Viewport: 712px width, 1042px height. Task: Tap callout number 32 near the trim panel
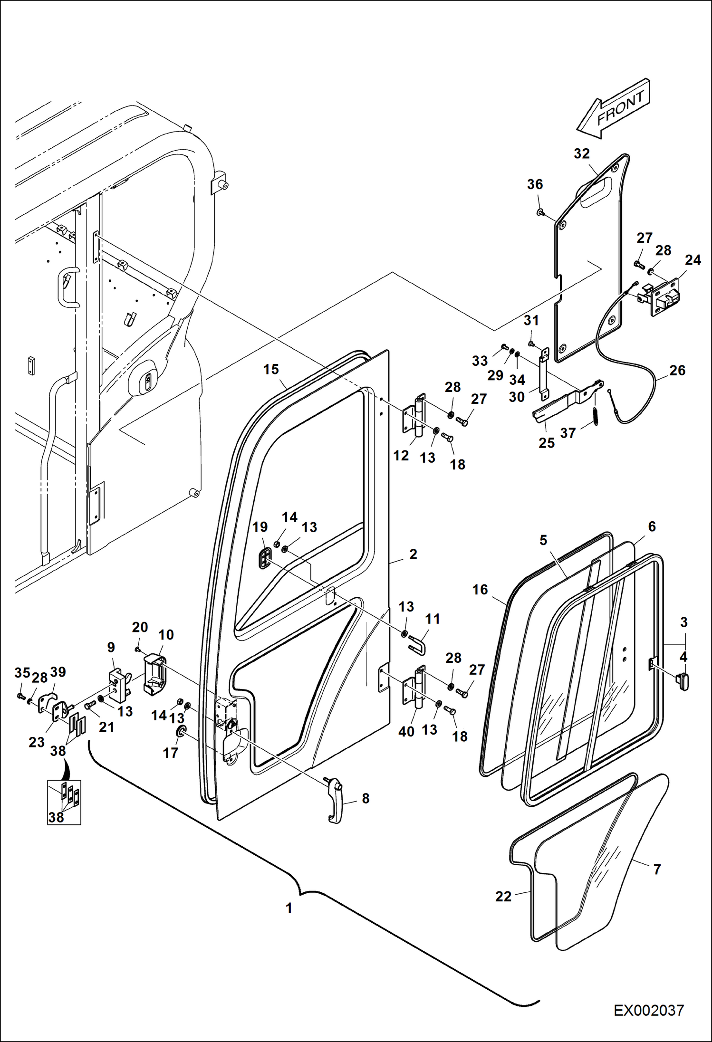pyautogui.click(x=581, y=153)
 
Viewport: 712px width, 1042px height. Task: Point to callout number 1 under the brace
pyautogui.click(x=289, y=908)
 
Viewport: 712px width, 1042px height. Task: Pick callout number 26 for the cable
pyautogui.click(x=677, y=370)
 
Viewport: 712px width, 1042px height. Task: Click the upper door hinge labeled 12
pyautogui.click(x=414, y=413)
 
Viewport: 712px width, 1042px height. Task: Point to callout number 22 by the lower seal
pyautogui.click(x=503, y=896)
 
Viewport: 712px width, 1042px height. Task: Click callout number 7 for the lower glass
pyautogui.click(x=657, y=869)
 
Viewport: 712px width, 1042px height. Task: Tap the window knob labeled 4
pyautogui.click(x=683, y=681)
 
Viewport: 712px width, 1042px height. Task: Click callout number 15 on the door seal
pyautogui.click(x=271, y=369)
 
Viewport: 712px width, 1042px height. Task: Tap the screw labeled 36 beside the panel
pyautogui.click(x=540, y=212)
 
